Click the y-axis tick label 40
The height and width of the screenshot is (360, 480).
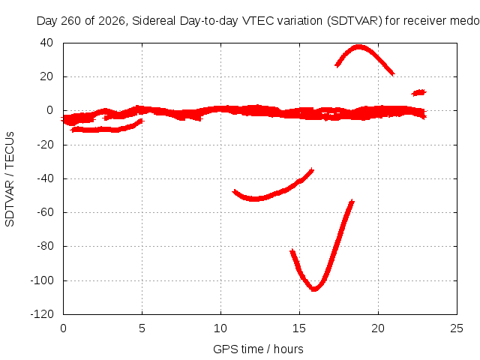pos(46,43)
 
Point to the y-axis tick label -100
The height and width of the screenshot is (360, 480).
pos(42,280)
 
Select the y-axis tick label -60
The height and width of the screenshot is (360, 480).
pos(45,212)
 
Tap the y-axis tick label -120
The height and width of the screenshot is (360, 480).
pos(42,314)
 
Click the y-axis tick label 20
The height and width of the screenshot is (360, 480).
pos(46,76)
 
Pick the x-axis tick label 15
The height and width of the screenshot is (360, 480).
pos(299,328)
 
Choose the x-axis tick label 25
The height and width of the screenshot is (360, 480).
pos(457,328)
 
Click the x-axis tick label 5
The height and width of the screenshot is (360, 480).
pos(142,328)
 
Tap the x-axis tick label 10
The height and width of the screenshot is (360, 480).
pos(220,328)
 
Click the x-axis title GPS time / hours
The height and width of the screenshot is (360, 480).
pos(258,349)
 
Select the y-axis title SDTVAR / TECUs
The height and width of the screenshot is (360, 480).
pos(10,179)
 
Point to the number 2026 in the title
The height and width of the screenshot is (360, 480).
pos(112,21)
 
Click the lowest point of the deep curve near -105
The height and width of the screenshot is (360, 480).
pos(314,289)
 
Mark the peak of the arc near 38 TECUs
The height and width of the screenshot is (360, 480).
pos(358,46)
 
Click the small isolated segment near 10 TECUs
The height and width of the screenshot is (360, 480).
pos(418,92)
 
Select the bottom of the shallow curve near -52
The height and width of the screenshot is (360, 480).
pos(254,199)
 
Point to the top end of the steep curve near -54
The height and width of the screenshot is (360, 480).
pos(352,201)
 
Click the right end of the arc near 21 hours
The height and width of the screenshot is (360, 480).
pos(393,74)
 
